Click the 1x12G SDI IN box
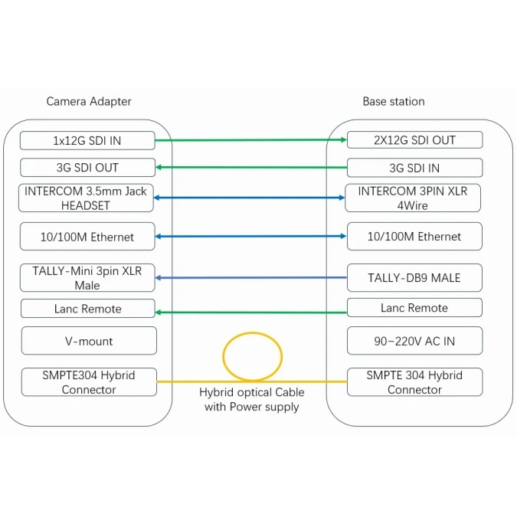(87, 140)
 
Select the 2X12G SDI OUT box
(414, 140)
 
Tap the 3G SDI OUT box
(87, 167)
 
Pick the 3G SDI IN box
(414, 168)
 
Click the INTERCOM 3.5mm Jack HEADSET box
(87, 198)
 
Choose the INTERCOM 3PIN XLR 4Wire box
(414, 198)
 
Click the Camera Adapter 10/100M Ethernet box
(87, 237)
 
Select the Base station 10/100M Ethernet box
(414, 237)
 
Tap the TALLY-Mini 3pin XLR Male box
(87, 277)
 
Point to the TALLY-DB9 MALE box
(414, 277)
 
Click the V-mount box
(88, 340)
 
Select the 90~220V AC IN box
(414, 340)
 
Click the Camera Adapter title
(89, 101)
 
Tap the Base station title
(393, 101)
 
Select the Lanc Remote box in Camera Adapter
(87, 309)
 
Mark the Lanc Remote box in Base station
(414, 308)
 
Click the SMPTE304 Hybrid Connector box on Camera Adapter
(89, 382)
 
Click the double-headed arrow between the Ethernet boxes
(251, 236)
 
